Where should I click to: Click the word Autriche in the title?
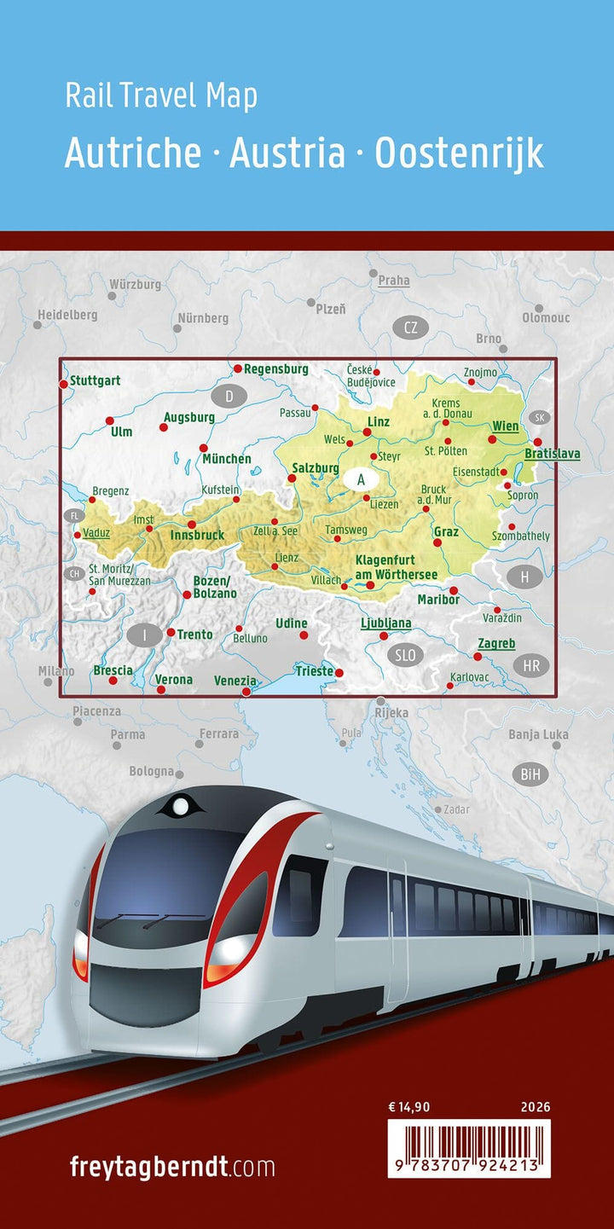pos(133,154)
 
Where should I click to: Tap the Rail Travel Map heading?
pos(161,96)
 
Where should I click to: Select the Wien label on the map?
pos(505,426)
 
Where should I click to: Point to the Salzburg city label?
pos(316,468)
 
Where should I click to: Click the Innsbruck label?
pos(197,535)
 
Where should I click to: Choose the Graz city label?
pos(446,532)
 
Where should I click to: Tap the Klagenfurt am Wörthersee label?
pos(396,568)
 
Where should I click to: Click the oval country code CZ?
pos(411,328)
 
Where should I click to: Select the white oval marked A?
pos(361,479)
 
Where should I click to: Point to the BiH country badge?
pos(534,774)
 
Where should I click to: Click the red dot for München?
pos(204,448)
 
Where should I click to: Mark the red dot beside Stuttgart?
pos(63,385)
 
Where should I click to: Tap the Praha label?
pos(394,280)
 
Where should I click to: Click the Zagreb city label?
pos(496,643)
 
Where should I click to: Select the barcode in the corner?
pos(469,1148)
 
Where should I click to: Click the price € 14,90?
pos(409,1108)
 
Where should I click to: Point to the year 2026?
pos(535,1108)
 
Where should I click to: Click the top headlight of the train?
pos(181,804)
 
